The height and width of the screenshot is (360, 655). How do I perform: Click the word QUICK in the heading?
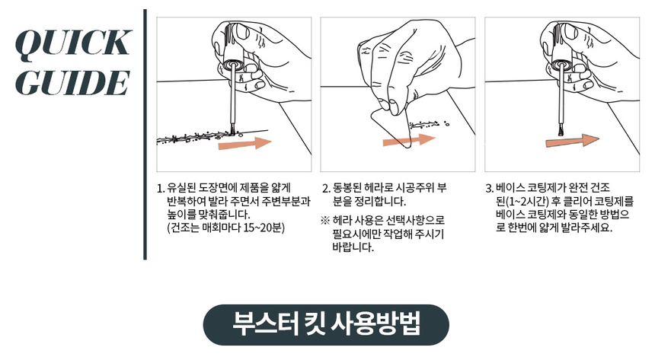(73, 43)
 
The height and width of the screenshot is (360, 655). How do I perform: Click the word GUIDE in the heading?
(72, 82)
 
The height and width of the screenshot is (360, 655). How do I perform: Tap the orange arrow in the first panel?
(244, 143)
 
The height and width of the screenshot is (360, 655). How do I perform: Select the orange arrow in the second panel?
(410, 140)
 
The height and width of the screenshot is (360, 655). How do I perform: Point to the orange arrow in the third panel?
(573, 141)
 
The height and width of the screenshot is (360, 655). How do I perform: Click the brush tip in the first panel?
(232, 131)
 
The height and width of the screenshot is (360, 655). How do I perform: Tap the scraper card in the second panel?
(391, 126)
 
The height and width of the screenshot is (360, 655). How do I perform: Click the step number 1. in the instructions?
(161, 188)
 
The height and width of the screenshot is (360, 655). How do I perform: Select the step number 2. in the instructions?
(326, 188)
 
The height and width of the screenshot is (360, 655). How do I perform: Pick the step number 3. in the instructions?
(490, 188)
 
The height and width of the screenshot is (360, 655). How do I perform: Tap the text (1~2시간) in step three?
(527, 201)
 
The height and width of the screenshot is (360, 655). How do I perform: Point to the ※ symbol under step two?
(325, 221)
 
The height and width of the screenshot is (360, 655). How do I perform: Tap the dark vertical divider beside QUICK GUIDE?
(145, 134)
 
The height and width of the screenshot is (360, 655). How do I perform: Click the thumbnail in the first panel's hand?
(240, 31)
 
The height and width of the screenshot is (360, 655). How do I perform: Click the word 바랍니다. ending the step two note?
(353, 247)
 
